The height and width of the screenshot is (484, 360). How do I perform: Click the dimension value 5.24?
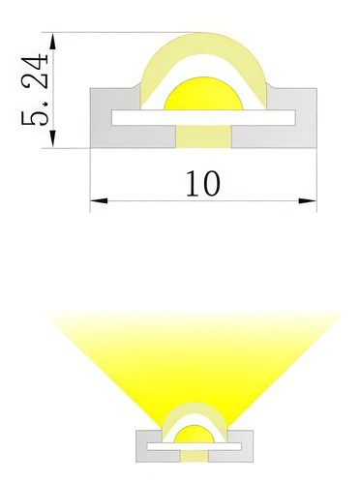(36, 91)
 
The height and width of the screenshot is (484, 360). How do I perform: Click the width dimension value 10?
(203, 183)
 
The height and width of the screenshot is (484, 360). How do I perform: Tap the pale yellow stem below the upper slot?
(203, 136)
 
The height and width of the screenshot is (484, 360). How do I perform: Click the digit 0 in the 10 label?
(212, 183)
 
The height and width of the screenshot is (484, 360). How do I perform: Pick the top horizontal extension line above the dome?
(126, 34)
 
